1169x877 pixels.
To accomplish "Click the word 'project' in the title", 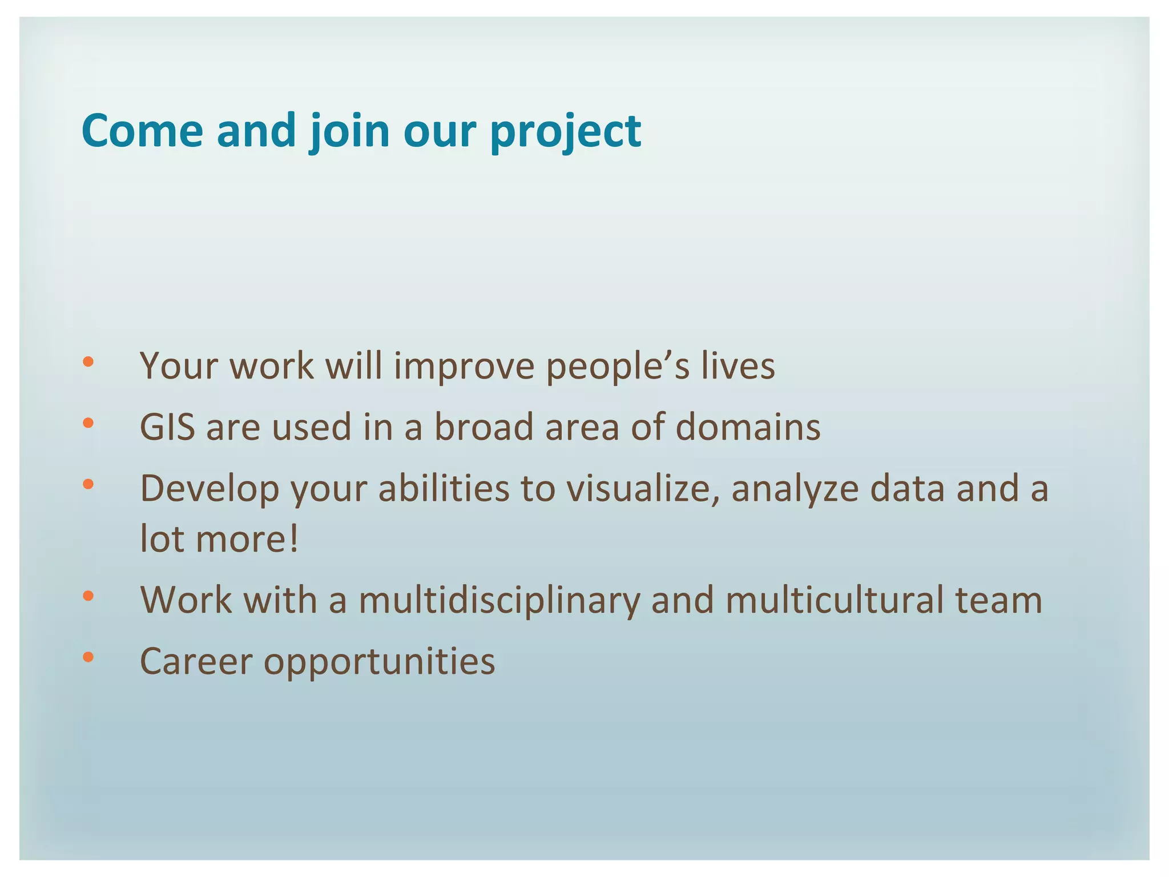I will pos(566,132).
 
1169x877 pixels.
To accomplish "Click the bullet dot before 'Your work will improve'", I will pos(88,361).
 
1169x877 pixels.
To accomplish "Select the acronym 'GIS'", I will pos(167,427).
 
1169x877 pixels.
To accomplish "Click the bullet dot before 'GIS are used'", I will pos(88,423).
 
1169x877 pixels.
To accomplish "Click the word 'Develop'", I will pos(209,489).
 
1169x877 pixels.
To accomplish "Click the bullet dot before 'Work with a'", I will pos(88,596).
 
